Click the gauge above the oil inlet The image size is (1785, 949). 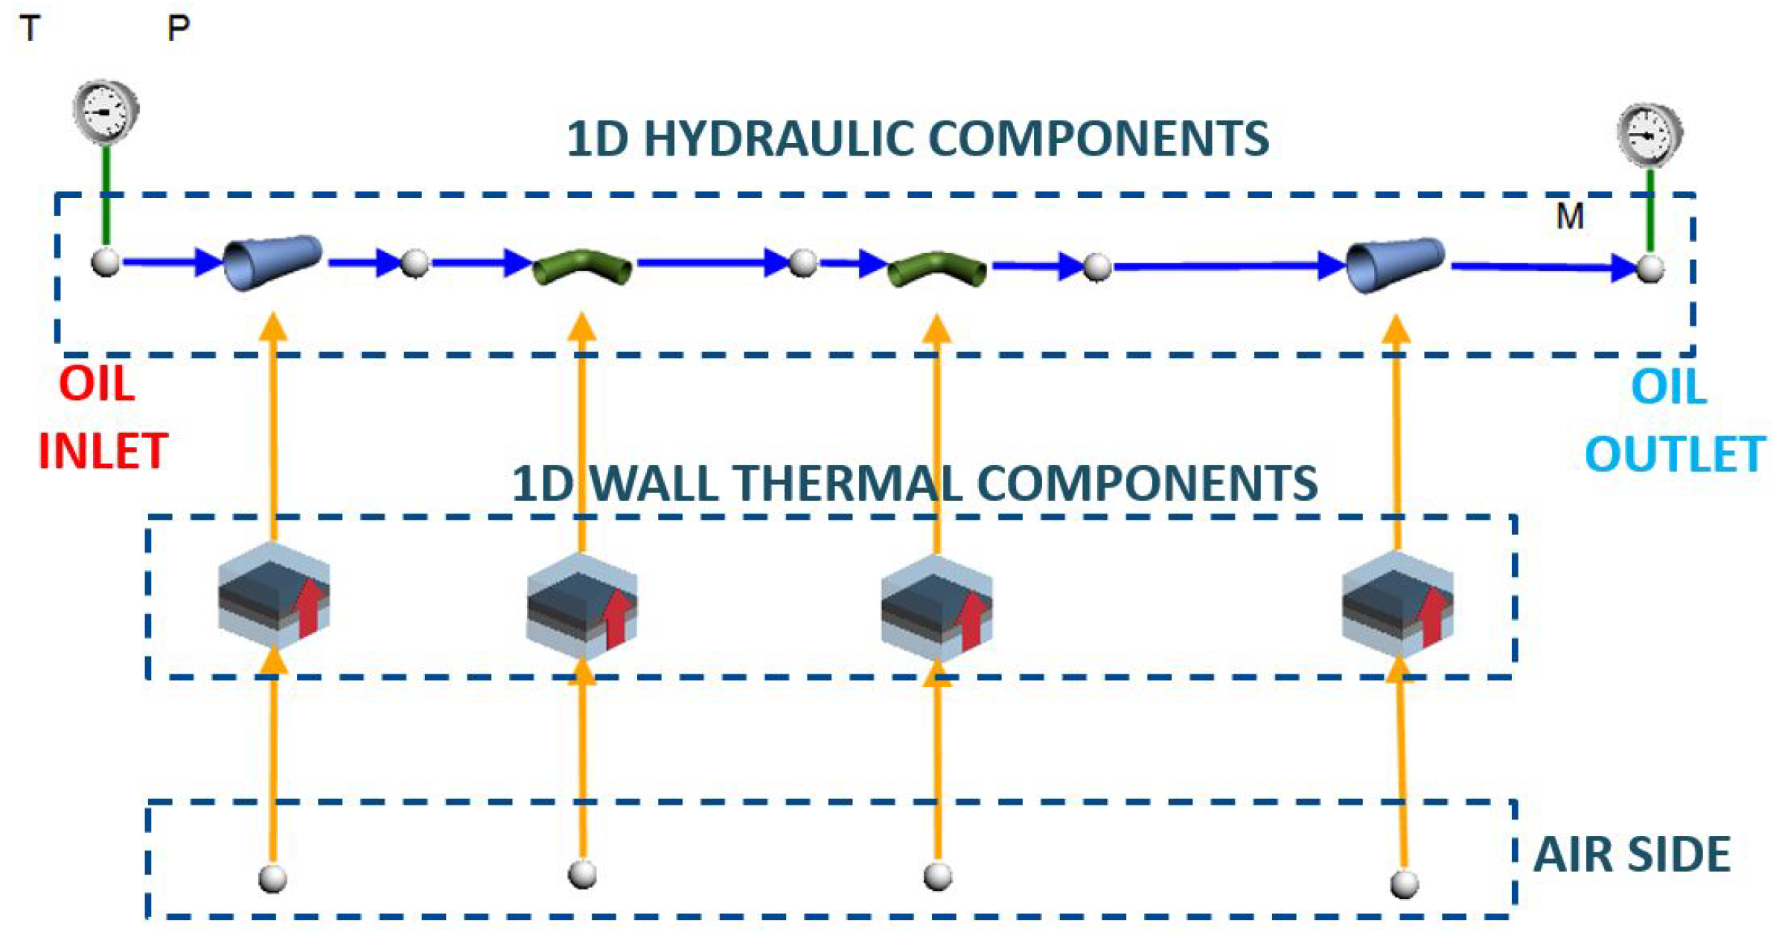coord(106,112)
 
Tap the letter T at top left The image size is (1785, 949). coord(30,29)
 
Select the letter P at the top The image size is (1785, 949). coord(178,29)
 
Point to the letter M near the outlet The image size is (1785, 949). coord(1570,217)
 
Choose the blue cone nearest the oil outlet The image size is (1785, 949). coord(1396,265)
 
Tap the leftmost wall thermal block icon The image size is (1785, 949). coord(274,595)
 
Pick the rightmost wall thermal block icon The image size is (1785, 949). coord(1397,604)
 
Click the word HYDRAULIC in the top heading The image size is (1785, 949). coord(778,139)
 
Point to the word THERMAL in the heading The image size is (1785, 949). coord(849,484)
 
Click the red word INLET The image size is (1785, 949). coord(103,451)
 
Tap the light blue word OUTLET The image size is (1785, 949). coord(1675,454)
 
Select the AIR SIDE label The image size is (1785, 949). coord(1632,854)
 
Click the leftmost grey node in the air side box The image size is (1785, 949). coord(273,878)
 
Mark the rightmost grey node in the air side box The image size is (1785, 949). coord(1405,884)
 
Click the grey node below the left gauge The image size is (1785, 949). coord(106,263)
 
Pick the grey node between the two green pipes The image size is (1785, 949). coord(802,262)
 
